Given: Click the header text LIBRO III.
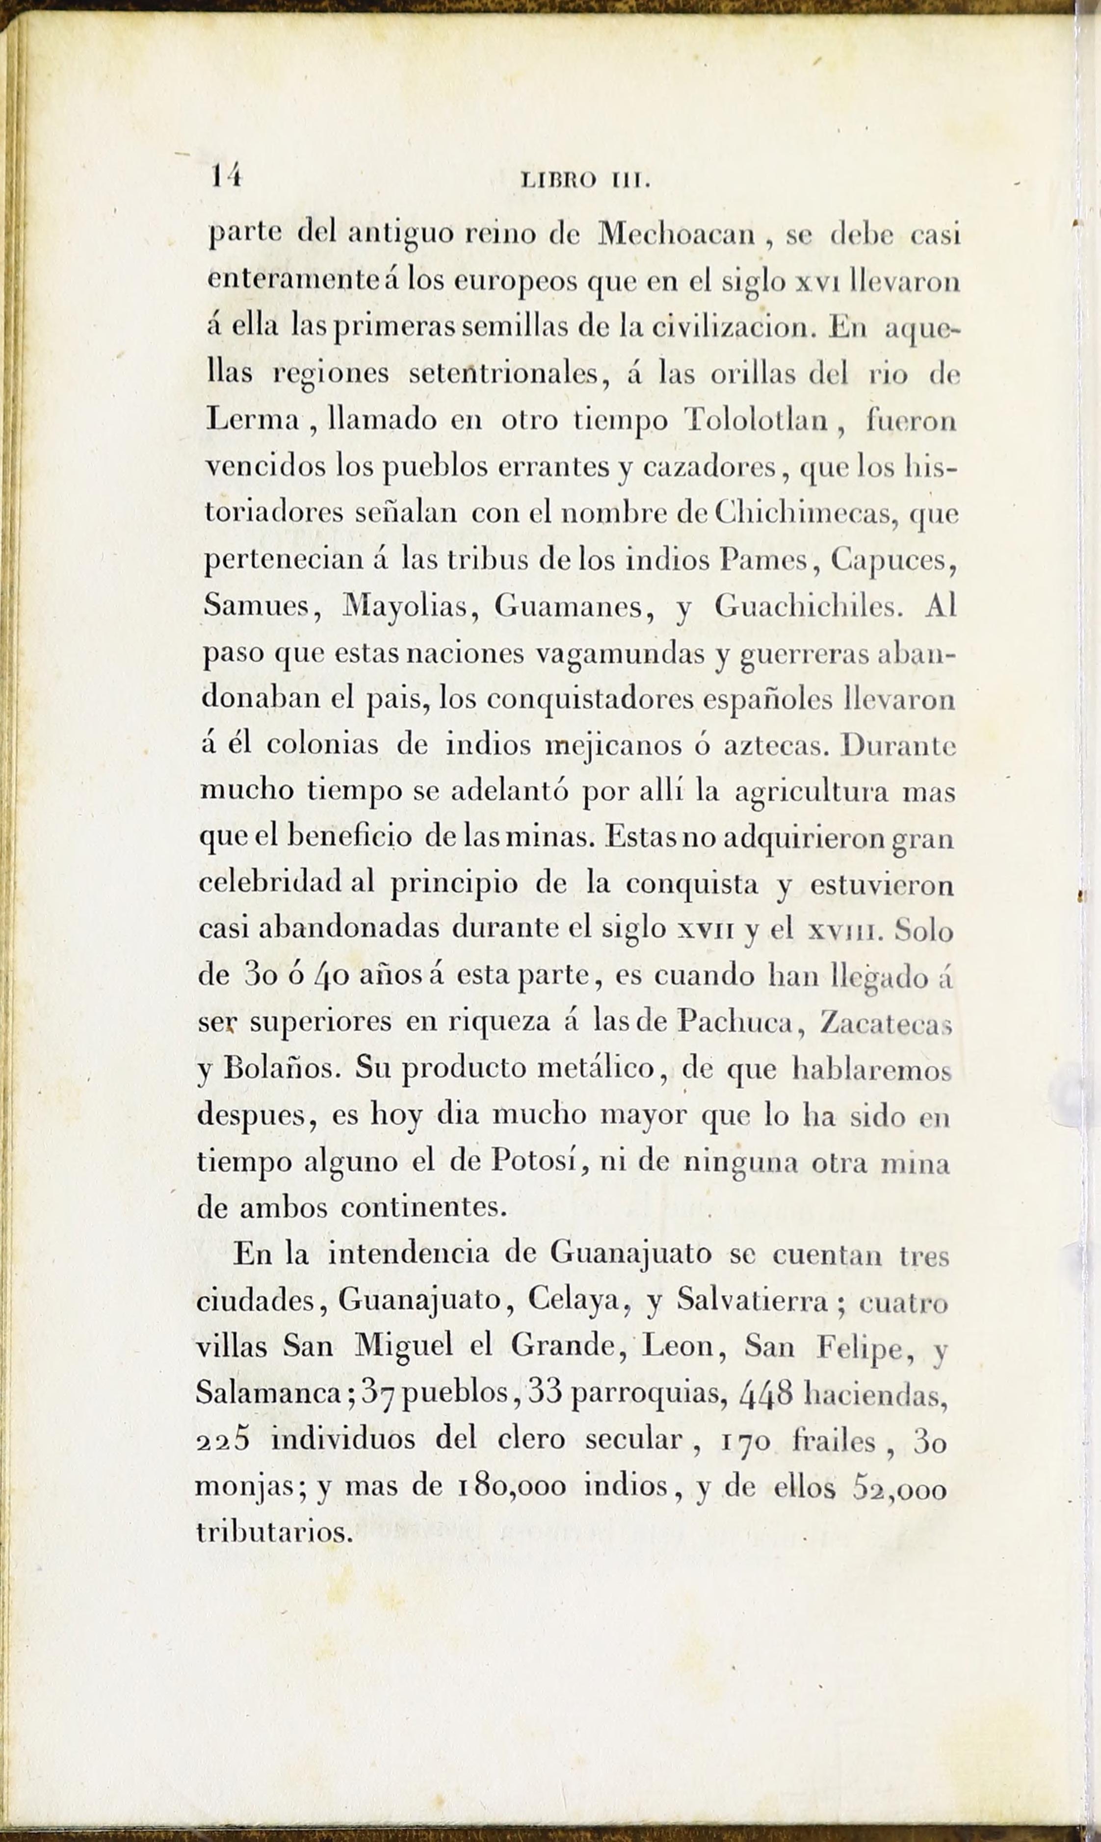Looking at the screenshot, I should click(x=586, y=180).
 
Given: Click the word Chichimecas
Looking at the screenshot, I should click(x=807, y=513).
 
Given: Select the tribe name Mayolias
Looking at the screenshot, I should click(x=405, y=607).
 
